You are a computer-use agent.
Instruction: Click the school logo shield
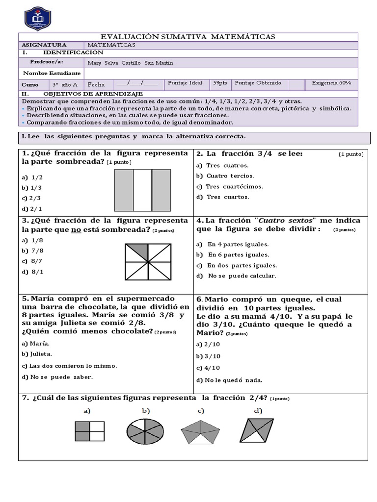(40, 18)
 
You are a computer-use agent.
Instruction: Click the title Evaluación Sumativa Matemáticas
(188, 37)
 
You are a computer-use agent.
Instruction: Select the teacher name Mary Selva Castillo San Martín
(130, 63)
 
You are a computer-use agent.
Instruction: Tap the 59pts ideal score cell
(220, 84)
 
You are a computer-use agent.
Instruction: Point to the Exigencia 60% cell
(331, 84)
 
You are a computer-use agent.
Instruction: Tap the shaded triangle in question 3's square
(137, 251)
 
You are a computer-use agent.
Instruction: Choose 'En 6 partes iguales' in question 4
(234, 255)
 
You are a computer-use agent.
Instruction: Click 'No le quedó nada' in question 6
(229, 380)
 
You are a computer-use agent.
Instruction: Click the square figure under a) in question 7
(90, 432)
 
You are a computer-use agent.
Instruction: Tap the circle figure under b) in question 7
(145, 430)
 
